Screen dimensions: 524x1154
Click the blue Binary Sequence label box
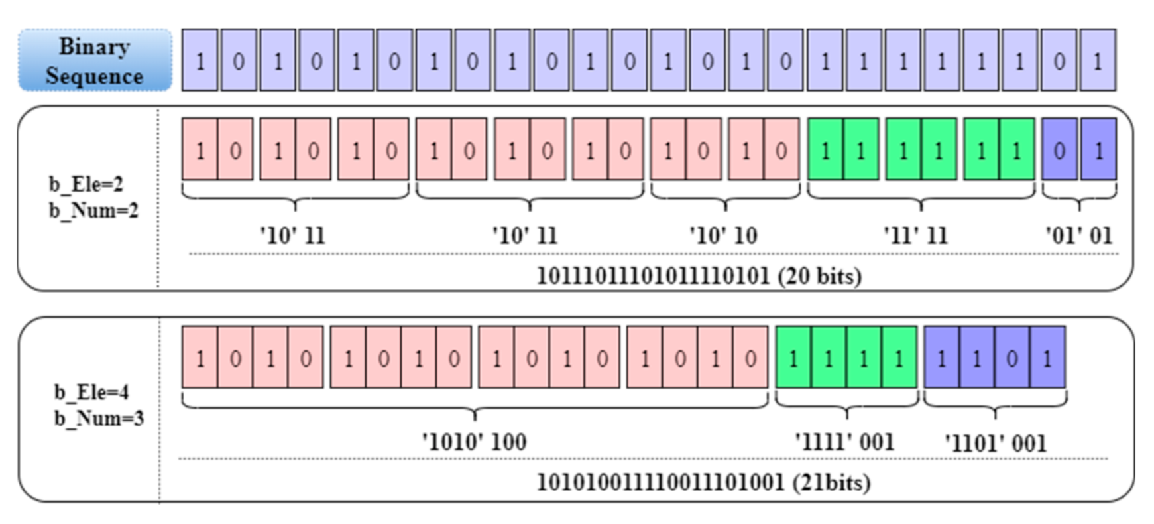(94, 60)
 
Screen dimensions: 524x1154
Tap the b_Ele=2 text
(86, 184)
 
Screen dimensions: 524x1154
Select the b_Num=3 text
(99, 419)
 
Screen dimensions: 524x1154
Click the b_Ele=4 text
(91, 392)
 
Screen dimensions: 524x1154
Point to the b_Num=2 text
(93, 210)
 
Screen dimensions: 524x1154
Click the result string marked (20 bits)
(699, 275)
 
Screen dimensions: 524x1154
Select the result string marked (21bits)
(703, 482)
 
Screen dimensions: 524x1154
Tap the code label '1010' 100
(475, 442)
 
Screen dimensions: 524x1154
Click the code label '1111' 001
(844, 442)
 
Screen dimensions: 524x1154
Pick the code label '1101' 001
(995, 443)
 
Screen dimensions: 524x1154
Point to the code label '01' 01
(1078, 235)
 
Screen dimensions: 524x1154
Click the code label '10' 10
(723, 235)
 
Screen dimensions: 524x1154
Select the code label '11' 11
(915, 235)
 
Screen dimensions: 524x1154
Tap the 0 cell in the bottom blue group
(1012, 359)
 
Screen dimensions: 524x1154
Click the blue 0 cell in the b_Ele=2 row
(1059, 151)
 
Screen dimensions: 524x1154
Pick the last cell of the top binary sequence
(1098, 61)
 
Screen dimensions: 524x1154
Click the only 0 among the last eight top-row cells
(1059, 61)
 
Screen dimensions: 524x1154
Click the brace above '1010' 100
(475, 404)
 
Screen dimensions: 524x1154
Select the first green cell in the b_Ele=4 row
(793, 359)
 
